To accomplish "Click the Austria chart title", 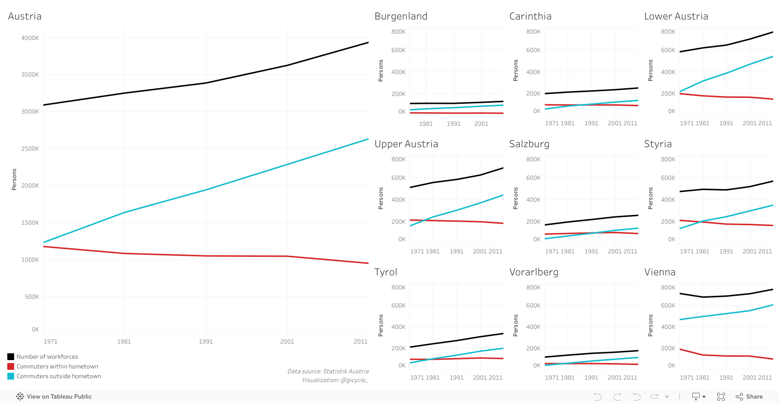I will point(25,17).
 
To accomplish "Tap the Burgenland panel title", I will point(401,17).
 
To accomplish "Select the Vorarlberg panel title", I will point(534,272).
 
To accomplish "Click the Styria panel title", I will point(658,144).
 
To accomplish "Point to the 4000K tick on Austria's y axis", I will point(30,38).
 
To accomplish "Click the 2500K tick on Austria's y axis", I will point(30,149).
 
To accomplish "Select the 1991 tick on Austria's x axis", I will point(205,342).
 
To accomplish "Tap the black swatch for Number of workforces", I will point(11,357).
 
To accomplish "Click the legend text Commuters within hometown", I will point(57,366).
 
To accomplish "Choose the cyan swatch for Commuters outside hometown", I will point(11,376).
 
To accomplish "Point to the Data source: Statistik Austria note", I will point(328,371).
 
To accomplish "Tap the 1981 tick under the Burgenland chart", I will point(426,124).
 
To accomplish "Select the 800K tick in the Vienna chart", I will point(668,288).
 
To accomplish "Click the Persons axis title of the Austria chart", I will point(14,179).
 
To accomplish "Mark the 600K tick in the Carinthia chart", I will point(533,50).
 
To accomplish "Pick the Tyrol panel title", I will point(386,272).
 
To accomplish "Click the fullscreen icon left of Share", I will point(721,397).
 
